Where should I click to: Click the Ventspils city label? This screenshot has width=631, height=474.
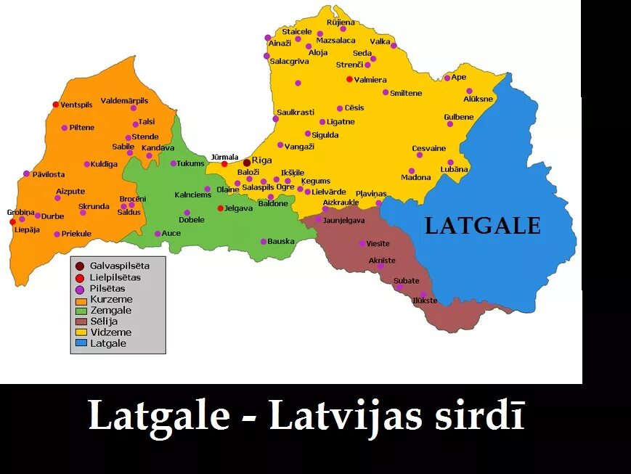[76, 105]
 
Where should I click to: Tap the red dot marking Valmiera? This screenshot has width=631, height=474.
[349, 79]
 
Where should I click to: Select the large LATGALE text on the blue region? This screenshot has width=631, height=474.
[482, 226]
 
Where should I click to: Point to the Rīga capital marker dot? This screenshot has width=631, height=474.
[247, 162]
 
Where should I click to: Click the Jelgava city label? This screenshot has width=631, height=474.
[238, 208]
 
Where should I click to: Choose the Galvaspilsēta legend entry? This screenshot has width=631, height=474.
[115, 266]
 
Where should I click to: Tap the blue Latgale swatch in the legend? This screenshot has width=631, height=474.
[81, 343]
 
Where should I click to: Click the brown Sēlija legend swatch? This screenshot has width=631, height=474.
[81, 321]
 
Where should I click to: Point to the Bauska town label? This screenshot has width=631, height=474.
[281, 241]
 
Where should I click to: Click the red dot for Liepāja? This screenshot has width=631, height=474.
[12, 221]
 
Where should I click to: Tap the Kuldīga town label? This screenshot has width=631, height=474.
[104, 164]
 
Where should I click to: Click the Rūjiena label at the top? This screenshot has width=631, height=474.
[341, 23]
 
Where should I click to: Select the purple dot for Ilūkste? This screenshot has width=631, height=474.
[423, 294]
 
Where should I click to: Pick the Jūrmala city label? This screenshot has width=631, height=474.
[224, 157]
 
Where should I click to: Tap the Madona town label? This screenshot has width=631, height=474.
[415, 178]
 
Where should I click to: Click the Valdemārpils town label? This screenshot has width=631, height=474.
[124, 101]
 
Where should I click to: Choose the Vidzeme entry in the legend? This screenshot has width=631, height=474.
[111, 332]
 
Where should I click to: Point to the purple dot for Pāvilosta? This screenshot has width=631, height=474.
[27, 173]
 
